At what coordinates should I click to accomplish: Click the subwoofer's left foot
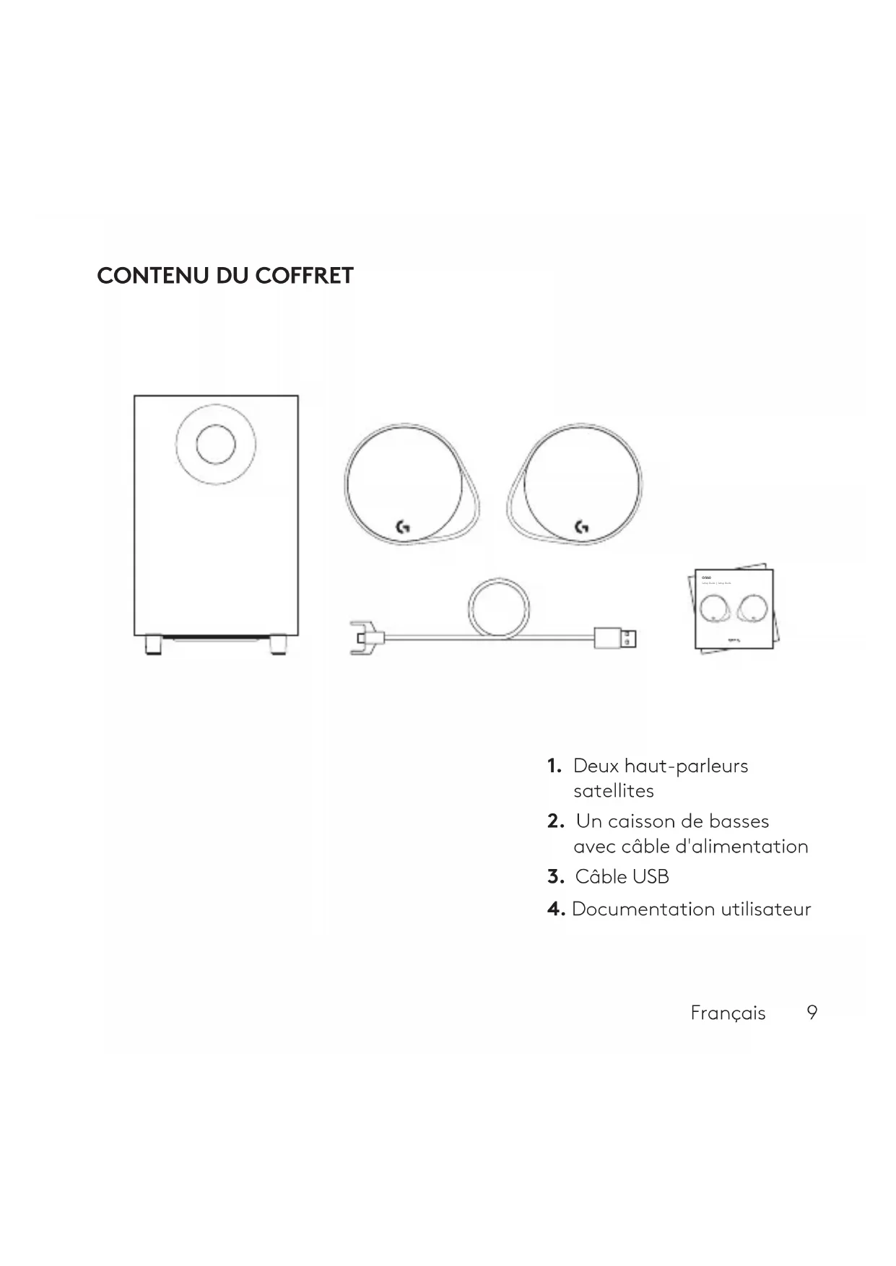(153, 644)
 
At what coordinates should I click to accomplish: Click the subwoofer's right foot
(278, 644)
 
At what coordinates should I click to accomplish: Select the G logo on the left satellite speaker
(404, 527)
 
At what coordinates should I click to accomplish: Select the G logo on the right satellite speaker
(581, 527)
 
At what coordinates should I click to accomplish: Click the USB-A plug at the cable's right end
(616, 638)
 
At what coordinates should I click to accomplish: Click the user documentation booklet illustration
(735, 610)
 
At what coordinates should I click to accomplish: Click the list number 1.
(554, 766)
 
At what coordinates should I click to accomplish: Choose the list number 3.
(554, 877)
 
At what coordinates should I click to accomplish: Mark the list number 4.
(555, 909)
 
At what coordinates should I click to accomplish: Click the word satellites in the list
(613, 791)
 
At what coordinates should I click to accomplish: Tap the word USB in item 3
(651, 877)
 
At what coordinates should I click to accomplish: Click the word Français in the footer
(728, 1013)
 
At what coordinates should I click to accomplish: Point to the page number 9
(812, 1012)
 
